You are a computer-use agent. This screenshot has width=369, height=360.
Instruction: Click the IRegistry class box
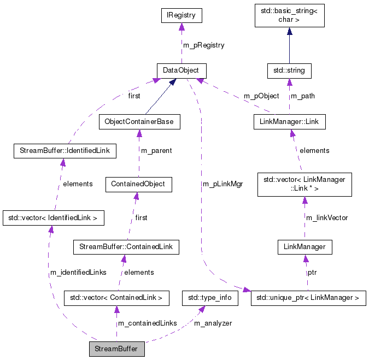pyautogui.click(x=181, y=15)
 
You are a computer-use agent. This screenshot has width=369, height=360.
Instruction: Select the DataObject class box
pyautogui.click(x=181, y=70)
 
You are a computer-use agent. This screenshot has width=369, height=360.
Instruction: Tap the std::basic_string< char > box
pyautogui.click(x=289, y=15)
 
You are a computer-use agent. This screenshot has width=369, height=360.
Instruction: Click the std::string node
pyautogui.click(x=289, y=70)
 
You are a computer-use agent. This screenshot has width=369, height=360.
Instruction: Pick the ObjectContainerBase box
pyautogui.click(x=139, y=121)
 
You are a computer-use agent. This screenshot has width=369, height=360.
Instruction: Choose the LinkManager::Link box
pyautogui.click(x=289, y=121)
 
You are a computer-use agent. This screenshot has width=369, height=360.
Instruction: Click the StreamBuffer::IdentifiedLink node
pyautogui.click(x=65, y=151)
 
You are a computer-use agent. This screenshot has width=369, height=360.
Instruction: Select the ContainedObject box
pyautogui.click(x=138, y=184)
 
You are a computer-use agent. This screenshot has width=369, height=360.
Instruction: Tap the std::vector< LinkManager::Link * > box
pyautogui.click(x=304, y=185)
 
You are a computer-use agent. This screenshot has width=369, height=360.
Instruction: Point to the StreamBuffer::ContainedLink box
pyautogui.click(x=126, y=247)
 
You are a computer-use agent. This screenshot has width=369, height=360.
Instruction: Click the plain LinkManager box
pyautogui.click(x=304, y=247)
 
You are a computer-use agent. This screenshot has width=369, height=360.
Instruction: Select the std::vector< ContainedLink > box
pyautogui.click(x=116, y=298)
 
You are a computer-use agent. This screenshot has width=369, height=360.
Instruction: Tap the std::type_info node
pyautogui.click(x=210, y=298)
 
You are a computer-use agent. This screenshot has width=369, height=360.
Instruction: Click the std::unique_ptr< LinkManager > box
pyautogui.click(x=308, y=298)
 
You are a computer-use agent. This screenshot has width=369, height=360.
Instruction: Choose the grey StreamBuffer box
pyautogui.click(x=116, y=349)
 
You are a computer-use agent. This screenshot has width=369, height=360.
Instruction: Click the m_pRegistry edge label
pyautogui.click(x=203, y=45)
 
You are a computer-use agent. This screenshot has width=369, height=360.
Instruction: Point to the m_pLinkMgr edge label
pyautogui.click(x=222, y=184)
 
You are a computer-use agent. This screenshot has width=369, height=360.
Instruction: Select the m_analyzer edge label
pyautogui.click(x=213, y=323)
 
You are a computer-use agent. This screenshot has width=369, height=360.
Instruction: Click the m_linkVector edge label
pyautogui.click(x=327, y=217)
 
